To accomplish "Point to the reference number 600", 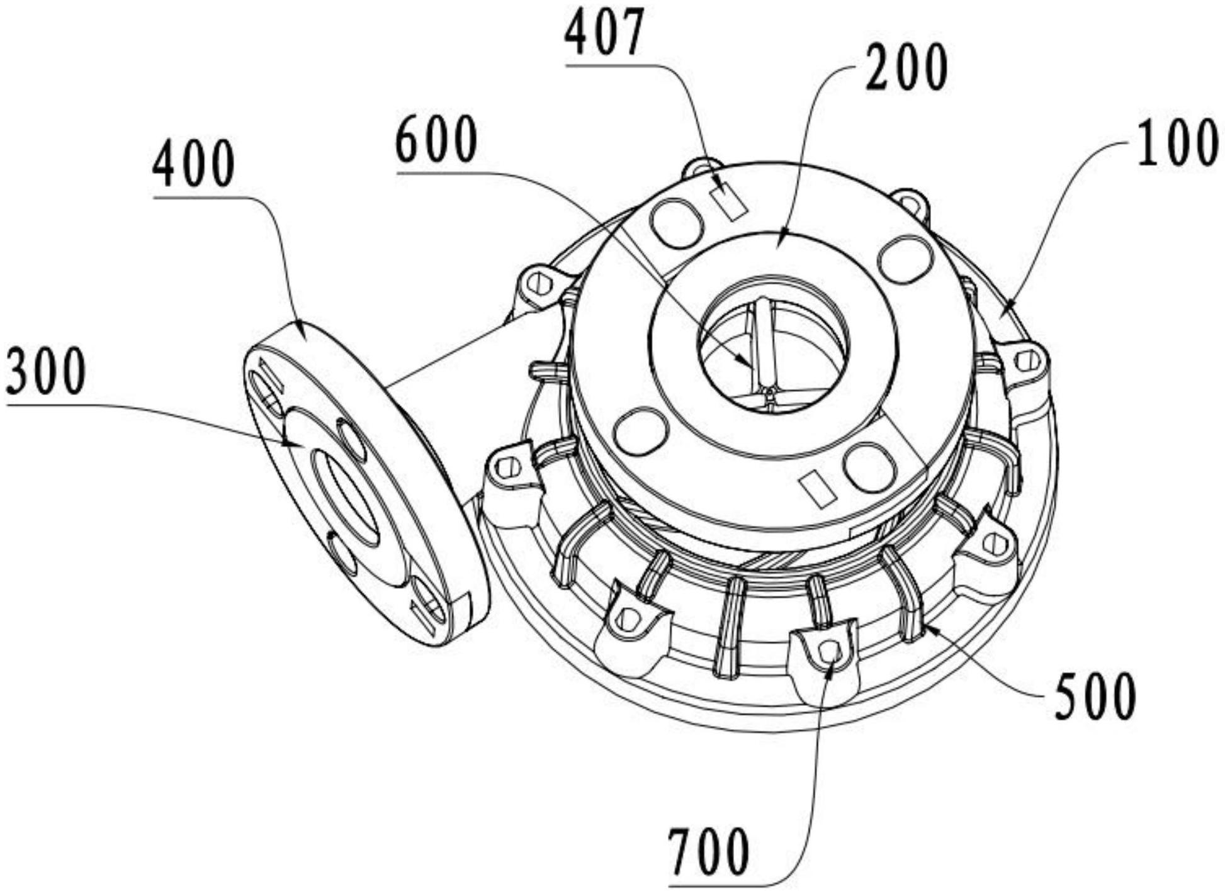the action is (x=436, y=140).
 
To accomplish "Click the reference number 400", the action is (x=193, y=164).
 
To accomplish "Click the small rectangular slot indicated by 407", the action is (x=730, y=200).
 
